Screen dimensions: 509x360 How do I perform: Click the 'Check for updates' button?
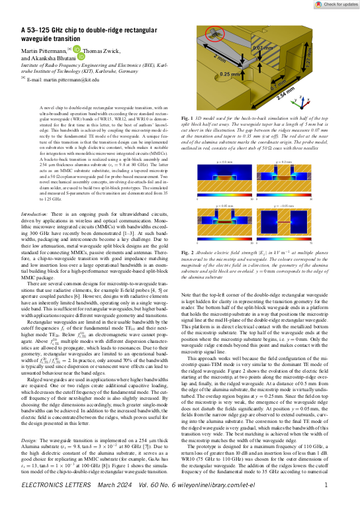click(x=329, y=5)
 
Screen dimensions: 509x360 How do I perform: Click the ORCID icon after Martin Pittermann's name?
click(x=76, y=49)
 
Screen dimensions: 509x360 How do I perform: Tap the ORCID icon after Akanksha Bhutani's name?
click(x=82, y=57)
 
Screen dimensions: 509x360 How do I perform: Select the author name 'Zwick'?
click(x=109, y=50)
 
